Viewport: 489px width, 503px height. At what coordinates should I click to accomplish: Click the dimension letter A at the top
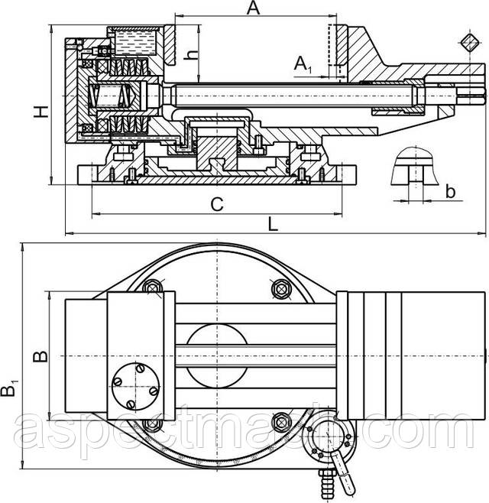tap(254, 8)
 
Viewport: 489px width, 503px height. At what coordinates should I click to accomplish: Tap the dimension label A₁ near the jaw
tap(303, 64)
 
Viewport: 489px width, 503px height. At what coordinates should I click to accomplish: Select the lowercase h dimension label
tap(192, 54)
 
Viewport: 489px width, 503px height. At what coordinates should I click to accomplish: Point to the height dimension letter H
tap(41, 112)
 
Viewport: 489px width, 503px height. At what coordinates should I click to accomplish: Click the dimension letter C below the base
tap(217, 204)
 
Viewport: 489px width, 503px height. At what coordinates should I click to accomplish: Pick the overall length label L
tap(273, 224)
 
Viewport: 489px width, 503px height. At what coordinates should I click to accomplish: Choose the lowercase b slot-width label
tap(451, 192)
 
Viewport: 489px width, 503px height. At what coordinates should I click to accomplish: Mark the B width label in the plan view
tap(40, 356)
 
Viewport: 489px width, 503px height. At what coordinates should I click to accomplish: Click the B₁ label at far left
tap(9, 388)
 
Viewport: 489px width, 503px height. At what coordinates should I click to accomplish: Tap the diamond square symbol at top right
tap(471, 43)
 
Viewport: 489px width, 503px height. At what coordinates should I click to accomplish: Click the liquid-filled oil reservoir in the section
tap(135, 42)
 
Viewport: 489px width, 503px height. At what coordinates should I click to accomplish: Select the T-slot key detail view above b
tap(415, 166)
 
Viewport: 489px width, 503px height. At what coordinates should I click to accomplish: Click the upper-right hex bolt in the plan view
tap(281, 289)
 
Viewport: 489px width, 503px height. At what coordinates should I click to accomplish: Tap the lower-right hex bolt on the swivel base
tap(281, 422)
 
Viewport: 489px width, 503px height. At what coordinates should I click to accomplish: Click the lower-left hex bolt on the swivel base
tap(152, 424)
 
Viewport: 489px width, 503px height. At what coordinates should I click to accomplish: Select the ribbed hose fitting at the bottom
tap(328, 485)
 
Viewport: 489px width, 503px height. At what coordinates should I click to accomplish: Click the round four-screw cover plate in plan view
tap(136, 387)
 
